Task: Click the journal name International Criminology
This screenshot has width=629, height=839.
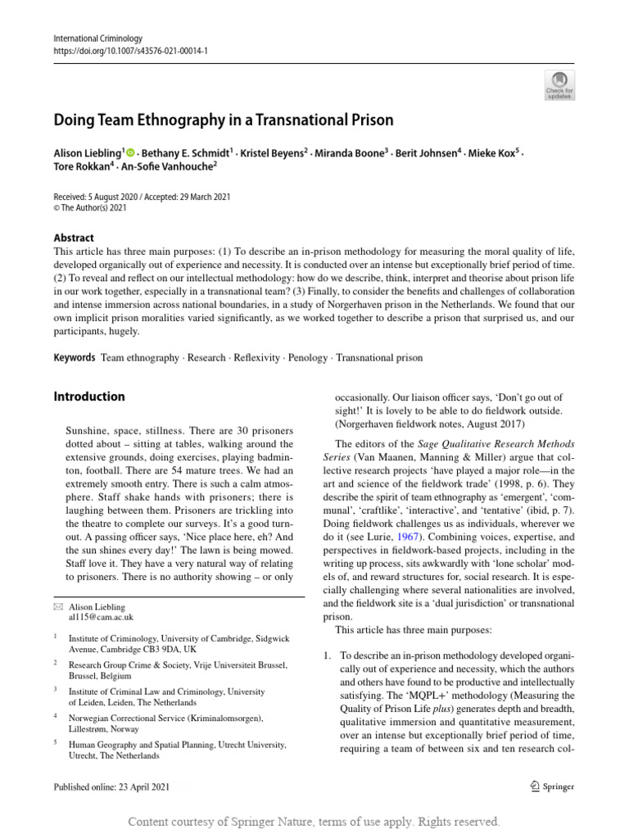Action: [97, 38]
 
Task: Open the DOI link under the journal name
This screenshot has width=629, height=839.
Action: [130, 50]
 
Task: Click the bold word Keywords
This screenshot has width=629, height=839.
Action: [74, 358]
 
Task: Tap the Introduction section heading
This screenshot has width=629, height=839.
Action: [89, 397]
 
